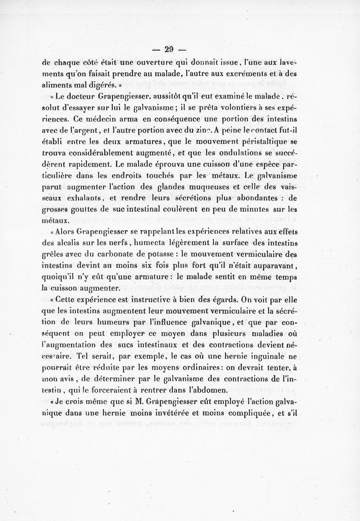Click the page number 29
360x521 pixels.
point(169,50)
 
